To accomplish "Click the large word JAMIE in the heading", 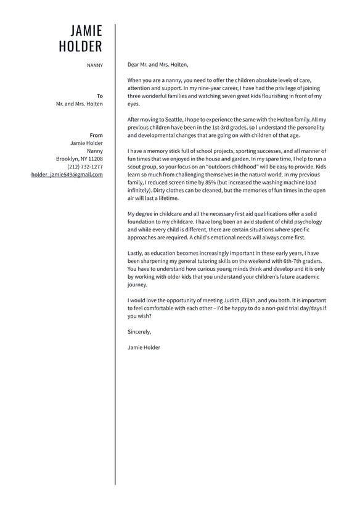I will point(86,31).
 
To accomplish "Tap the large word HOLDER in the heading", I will point(80,47).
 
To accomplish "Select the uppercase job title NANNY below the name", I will point(95,65).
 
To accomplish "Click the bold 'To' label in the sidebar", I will point(100,96).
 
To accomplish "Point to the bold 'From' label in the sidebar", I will point(96,135).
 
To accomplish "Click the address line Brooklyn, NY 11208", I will point(80,159).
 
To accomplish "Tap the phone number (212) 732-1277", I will point(85,167).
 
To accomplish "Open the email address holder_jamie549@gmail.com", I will point(67,175).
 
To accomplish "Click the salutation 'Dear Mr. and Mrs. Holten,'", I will point(158,64).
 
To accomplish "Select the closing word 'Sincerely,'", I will point(139,332).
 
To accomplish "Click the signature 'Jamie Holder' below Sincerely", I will point(144,347).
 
